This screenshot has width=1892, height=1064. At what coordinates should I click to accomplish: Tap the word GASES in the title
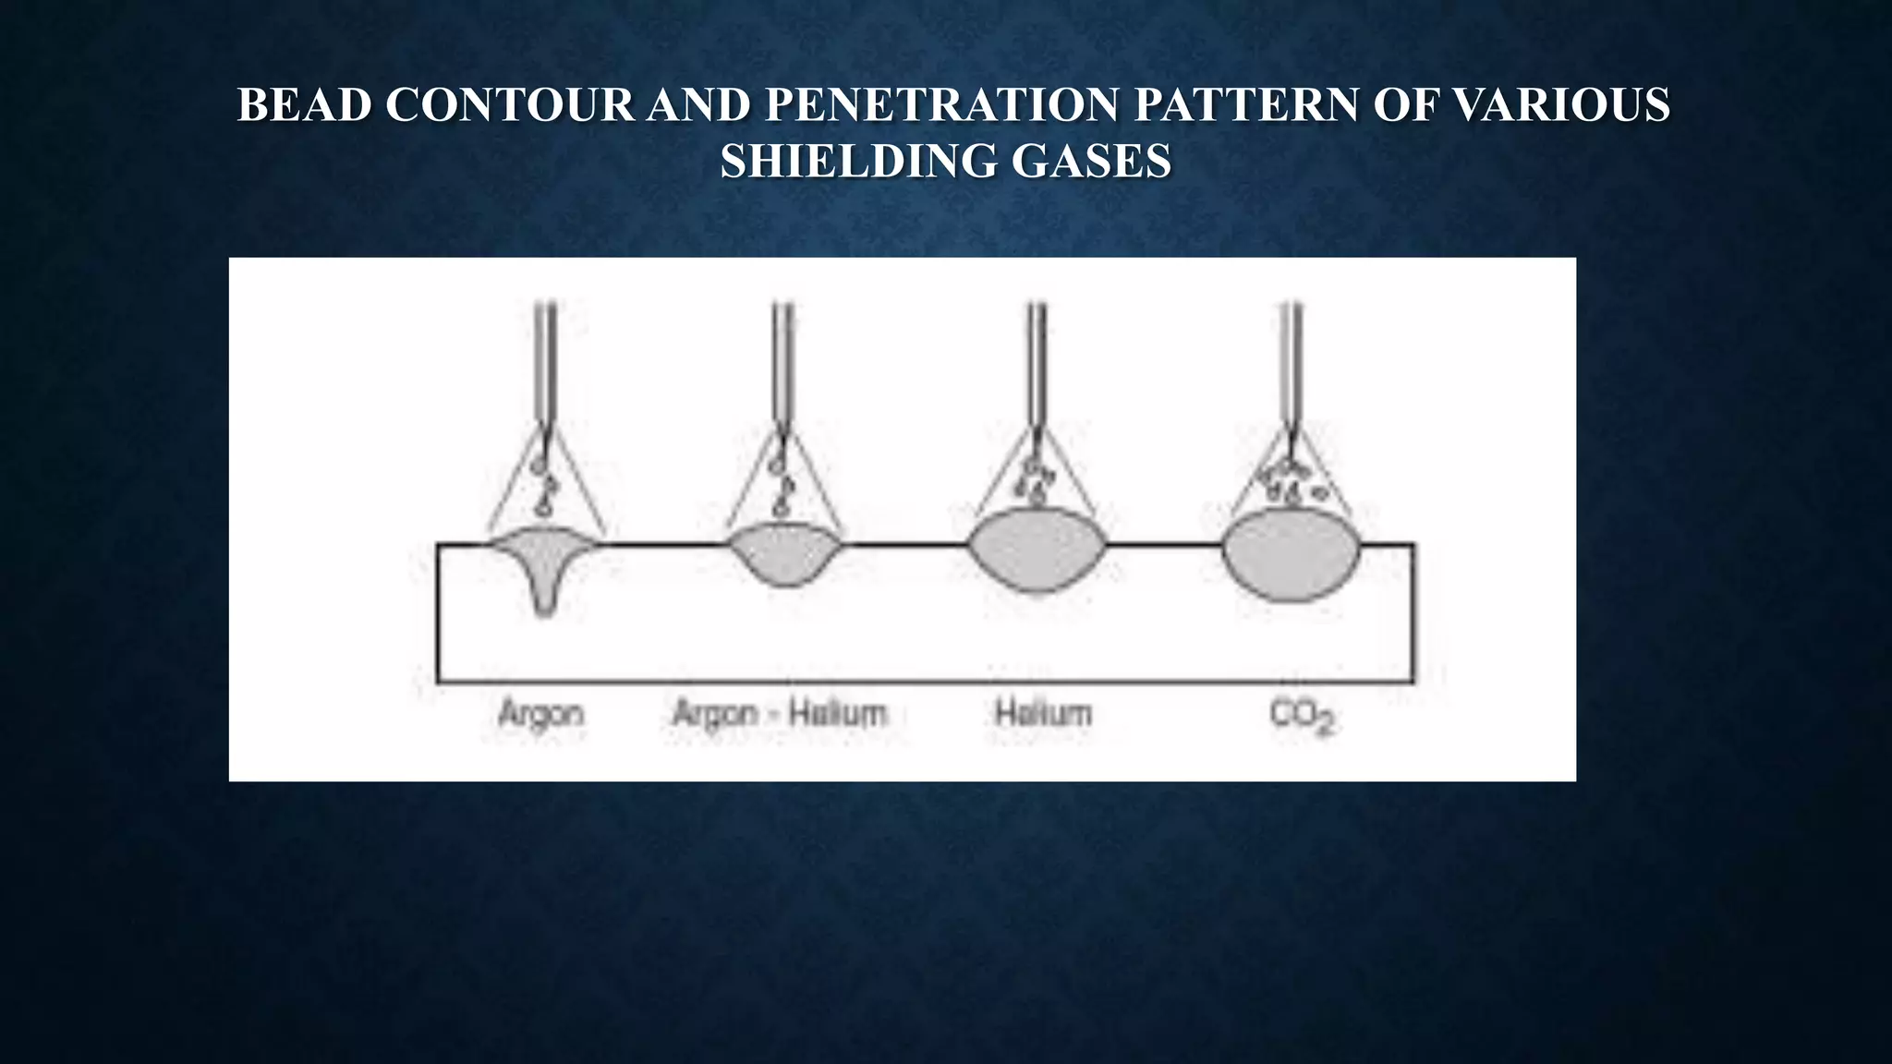pos(1091,162)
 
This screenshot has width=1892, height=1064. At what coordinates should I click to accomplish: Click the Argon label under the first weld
pos(540,714)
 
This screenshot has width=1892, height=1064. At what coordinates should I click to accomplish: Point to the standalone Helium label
pos(1043,714)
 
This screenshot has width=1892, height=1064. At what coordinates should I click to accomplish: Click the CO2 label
pos(1303,717)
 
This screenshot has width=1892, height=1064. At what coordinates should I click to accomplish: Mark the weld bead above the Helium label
pos(1037,550)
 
